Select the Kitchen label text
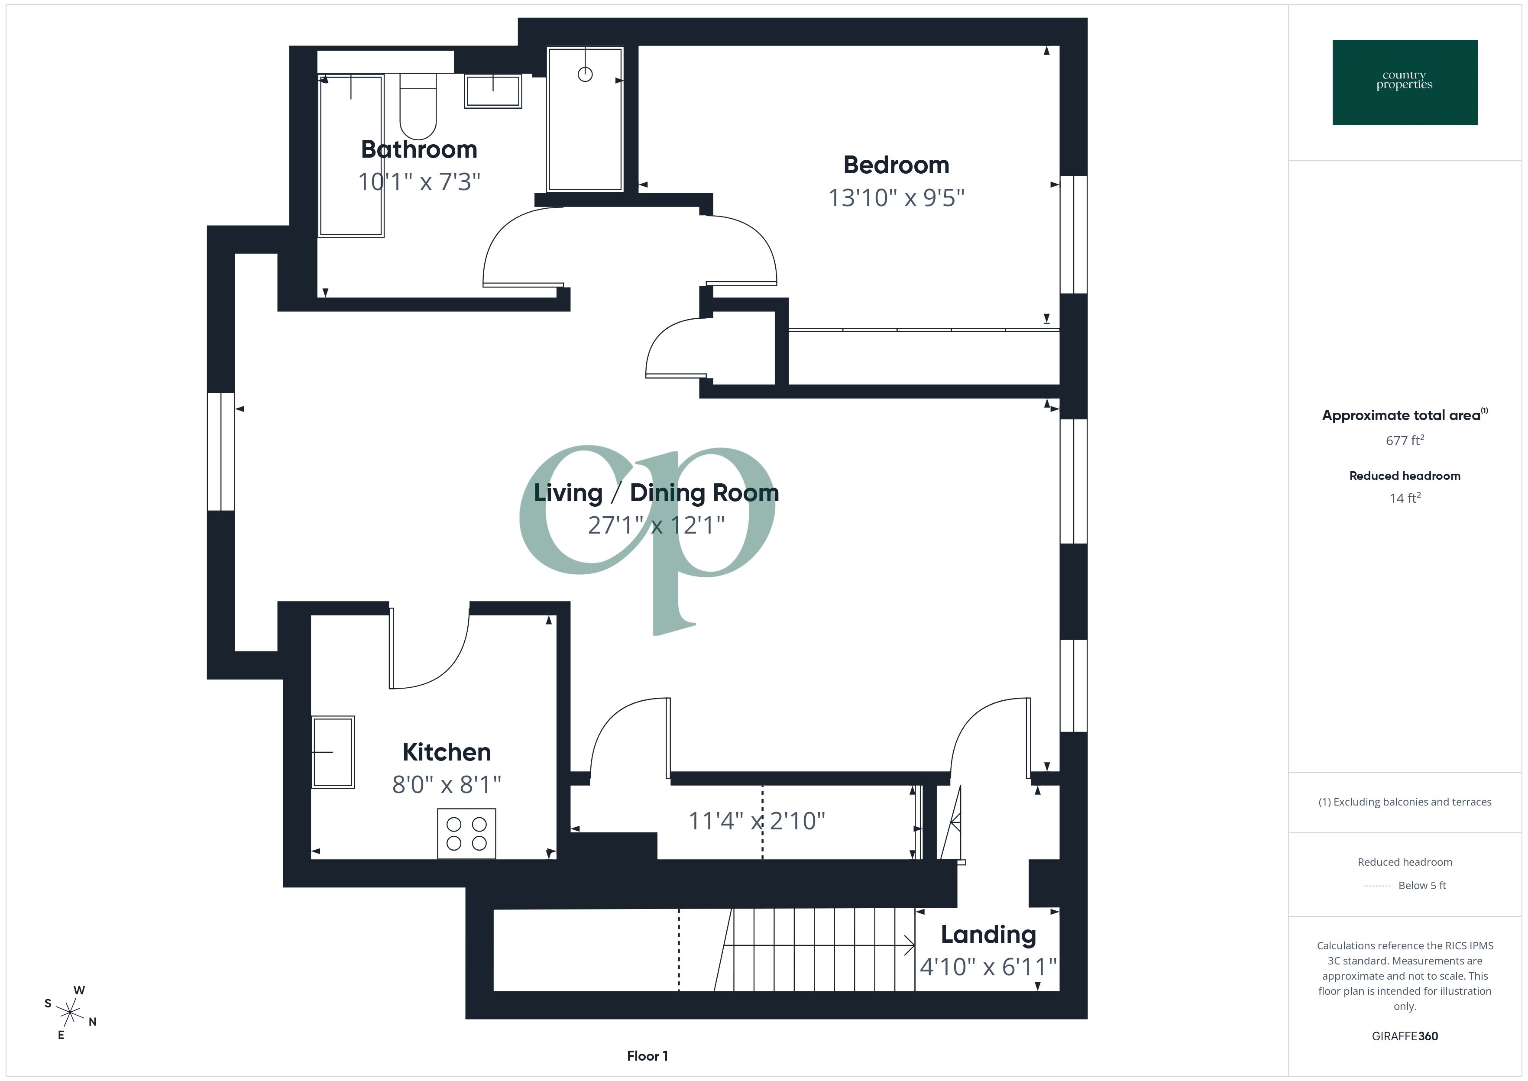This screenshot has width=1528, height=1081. pos(447,752)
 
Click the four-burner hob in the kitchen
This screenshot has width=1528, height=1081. pos(466,833)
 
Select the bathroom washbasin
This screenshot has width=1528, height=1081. pos(492,91)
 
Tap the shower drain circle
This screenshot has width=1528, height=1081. pos(585,74)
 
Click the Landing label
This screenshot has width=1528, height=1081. pos(988,935)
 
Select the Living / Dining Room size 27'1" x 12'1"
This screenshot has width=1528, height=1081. pos(656,526)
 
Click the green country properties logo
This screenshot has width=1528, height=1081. pos(1404,83)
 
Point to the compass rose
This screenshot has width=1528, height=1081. pos(70,1013)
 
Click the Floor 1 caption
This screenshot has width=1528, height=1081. pos(647,1056)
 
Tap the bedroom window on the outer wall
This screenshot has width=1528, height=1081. pos(1073,234)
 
